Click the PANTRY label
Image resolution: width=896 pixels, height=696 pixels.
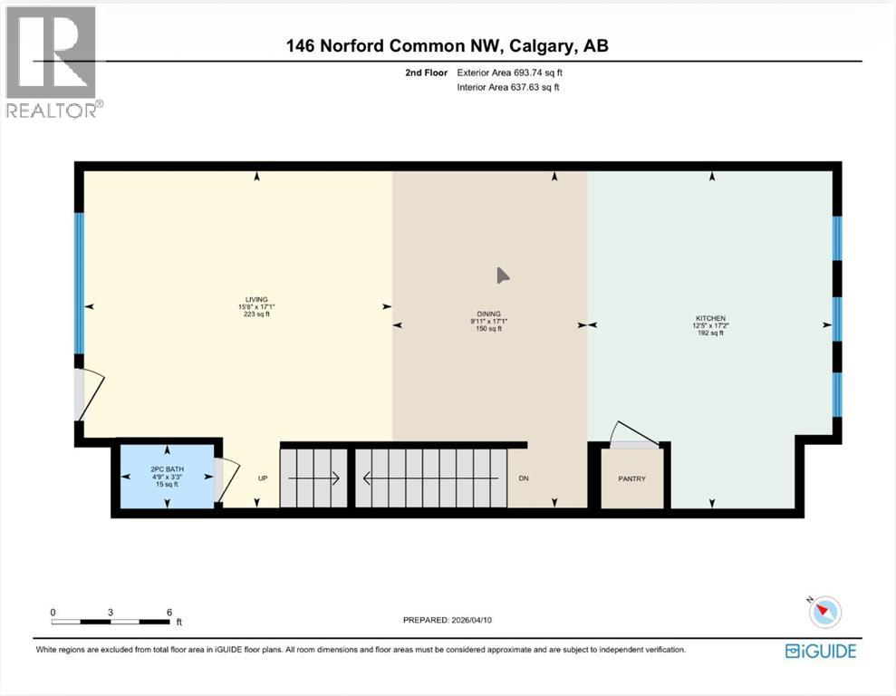click(x=632, y=478)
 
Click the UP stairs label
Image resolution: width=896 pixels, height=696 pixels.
click(x=264, y=478)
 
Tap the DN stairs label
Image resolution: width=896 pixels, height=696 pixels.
click(x=524, y=478)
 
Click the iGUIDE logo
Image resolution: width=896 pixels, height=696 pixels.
click(x=821, y=650)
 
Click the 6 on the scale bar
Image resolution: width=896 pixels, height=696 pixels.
click(x=169, y=612)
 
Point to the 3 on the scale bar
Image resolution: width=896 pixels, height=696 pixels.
click(x=111, y=612)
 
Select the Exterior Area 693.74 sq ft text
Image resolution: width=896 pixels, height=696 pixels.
click(x=515, y=72)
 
